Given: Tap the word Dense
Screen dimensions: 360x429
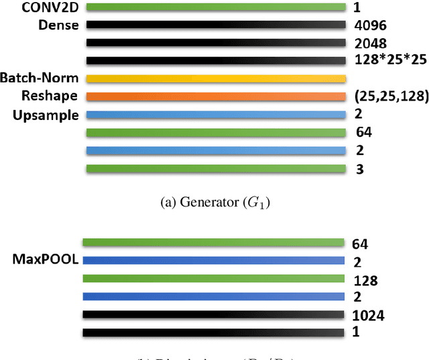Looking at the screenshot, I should click(x=59, y=25).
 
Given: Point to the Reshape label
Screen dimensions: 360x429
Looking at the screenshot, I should click(x=49, y=96).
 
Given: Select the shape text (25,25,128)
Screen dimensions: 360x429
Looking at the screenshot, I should click(x=390, y=97).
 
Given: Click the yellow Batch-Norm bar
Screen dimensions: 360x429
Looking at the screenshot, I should click(x=216, y=78).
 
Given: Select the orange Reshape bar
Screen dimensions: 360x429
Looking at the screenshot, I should click(x=216, y=96).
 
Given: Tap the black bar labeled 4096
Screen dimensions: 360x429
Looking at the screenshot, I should click(x=216, y=25).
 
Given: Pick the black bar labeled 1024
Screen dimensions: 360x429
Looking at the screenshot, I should click(x=214, y=314).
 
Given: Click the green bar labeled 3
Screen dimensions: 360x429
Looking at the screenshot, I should click(x=216, y=169).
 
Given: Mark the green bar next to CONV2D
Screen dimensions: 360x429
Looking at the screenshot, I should click(x=216, y=7).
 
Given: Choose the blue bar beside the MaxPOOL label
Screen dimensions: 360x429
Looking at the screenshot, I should click(x=214, y=261).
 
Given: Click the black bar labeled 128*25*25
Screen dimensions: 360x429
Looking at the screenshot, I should click(x=216, y=60).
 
